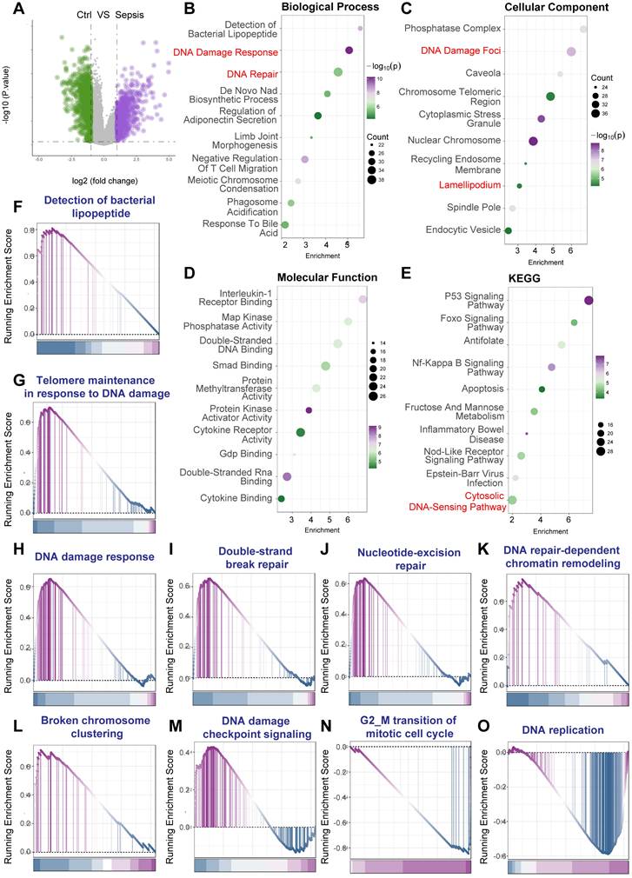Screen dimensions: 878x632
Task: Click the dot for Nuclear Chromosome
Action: [533, 141]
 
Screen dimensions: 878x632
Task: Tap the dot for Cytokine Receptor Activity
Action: [301, 431]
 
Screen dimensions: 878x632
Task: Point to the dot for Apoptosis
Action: [542, 389]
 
